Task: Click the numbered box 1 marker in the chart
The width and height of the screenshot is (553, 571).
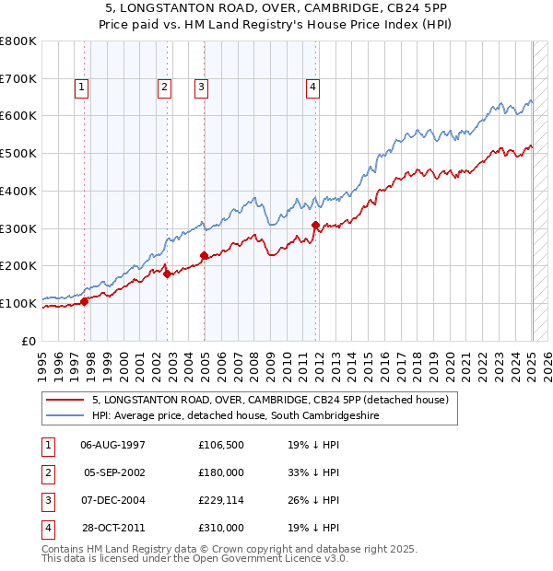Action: (82, 87)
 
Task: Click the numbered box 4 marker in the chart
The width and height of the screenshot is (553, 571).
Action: (313, 87)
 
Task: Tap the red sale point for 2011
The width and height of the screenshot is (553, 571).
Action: (315, 225)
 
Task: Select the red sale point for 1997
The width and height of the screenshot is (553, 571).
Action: (84, 300)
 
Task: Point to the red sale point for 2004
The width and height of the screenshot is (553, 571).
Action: (204, 255)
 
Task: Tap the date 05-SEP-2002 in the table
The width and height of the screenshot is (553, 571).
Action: (115, 472)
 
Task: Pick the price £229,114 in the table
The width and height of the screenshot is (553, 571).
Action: (220, 500)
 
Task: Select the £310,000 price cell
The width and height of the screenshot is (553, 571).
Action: (220, 528)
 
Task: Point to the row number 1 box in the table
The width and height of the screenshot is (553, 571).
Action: (48, 446)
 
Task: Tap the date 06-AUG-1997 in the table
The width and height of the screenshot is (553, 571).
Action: (113, 446)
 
